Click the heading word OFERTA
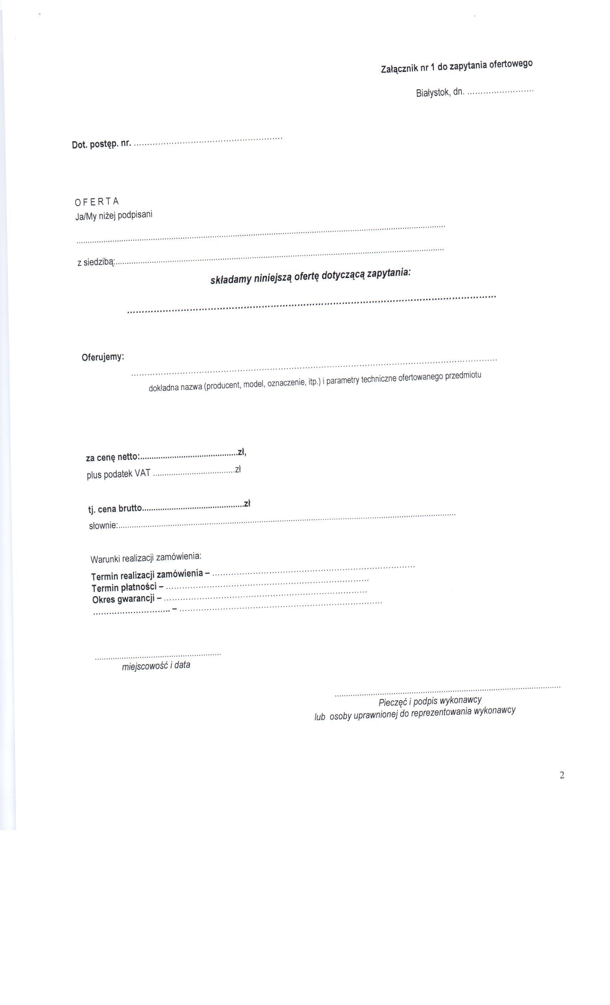97,201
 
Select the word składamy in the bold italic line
230,280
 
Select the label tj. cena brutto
115,509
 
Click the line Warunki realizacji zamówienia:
146,557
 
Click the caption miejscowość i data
156,666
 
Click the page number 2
562,775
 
